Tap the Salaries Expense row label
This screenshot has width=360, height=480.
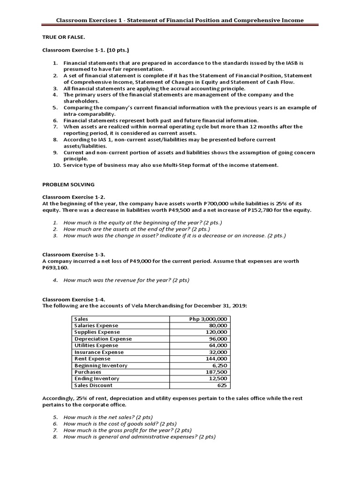pyautogui.click(x=96, y=325)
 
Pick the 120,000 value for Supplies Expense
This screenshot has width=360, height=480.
pyautogui.click(x=216, y=332)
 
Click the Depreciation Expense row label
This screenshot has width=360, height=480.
pyautogui.click(x=103, y=338)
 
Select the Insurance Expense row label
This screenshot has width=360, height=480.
pyautogui.click(x=99, y=352)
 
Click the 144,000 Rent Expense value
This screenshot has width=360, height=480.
pyautogui.click(x=216, y=359)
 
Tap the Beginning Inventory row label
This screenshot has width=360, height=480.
pyautogui.click(x=101, y=365)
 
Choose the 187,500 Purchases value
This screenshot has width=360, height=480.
pyautogui.click(x=216, y=372)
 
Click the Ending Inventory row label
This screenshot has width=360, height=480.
pyautogui.click(x=97, y=378)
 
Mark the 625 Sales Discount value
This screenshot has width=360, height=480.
pyautogui.click(x=222, y=385)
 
